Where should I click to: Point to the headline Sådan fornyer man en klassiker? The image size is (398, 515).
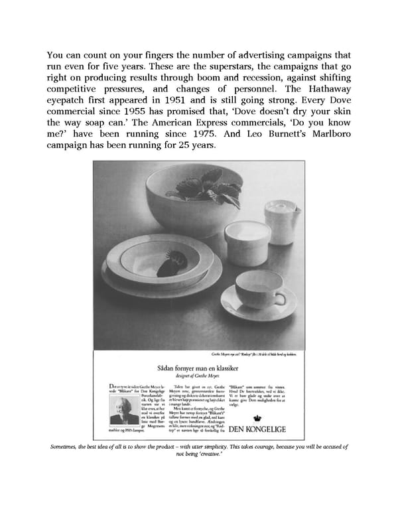pos(198,364)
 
